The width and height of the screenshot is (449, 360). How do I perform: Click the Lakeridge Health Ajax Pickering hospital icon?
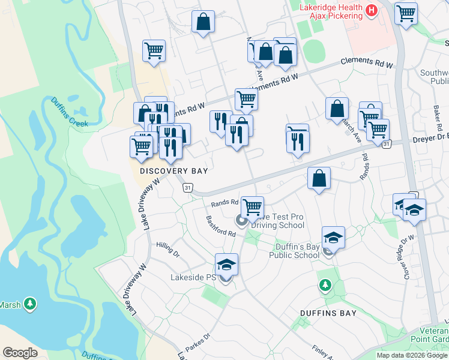tap(371, 10)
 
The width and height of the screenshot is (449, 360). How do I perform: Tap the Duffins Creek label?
tap(69, 112)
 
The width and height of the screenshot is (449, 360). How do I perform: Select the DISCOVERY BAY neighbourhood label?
tap(173, 171)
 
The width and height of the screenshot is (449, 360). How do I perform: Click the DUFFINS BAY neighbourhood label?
tap(328, 313)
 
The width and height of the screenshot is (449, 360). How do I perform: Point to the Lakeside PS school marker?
tap(226, 265)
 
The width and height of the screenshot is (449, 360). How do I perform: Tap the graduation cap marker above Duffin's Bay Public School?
tap(333, 238)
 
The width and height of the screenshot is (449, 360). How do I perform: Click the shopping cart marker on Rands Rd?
tap(252, 207)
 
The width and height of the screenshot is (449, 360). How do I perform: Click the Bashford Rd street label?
tap(220, 226)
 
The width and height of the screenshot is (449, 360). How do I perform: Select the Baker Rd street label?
tap(437, 119)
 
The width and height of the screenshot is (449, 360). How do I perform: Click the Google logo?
tap(20, 352)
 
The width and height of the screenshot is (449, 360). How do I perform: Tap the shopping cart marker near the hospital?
tap(406, 13)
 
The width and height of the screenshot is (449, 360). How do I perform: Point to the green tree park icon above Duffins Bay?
tap(325, 285)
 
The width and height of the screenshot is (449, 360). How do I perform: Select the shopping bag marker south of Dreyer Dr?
tap(319, 178)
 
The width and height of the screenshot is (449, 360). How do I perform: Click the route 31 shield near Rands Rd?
tap(188, 188)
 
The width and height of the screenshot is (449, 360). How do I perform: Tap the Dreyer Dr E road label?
tap(430, 139)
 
